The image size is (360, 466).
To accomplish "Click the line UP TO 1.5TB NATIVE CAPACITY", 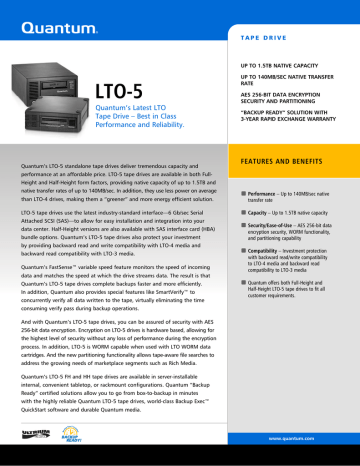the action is coord(290,63).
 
